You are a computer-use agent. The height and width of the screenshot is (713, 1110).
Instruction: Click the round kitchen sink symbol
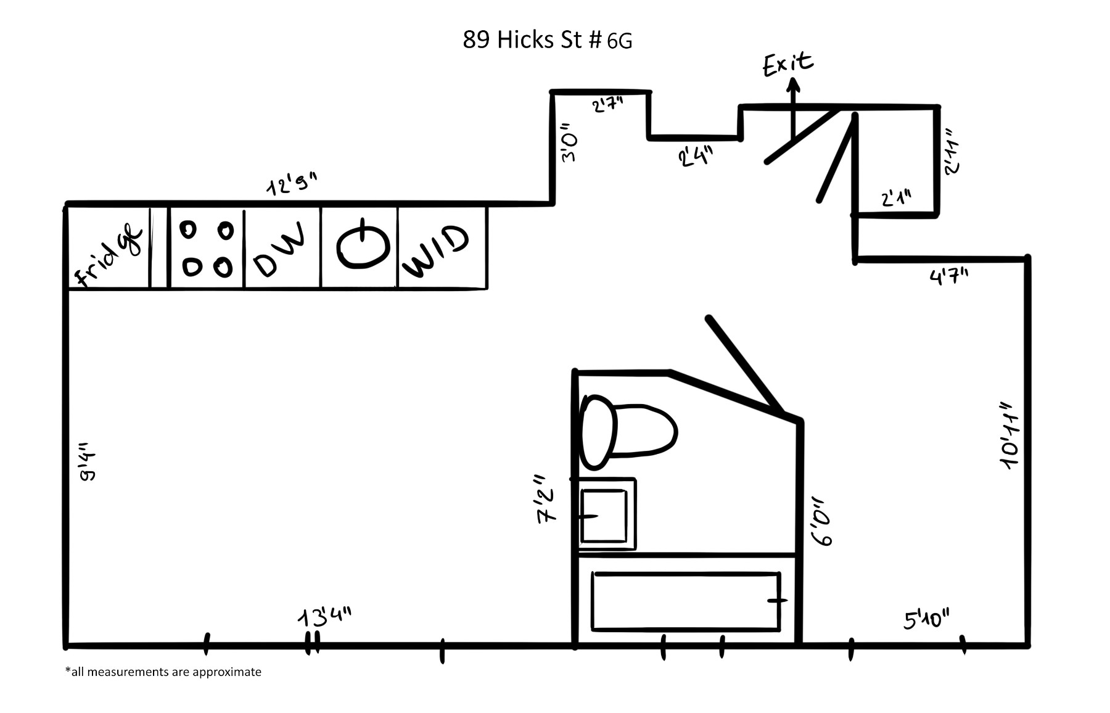(x=363, y=246)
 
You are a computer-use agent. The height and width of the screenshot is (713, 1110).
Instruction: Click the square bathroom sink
(x=604, y=514)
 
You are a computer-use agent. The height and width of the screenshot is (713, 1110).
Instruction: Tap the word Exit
(x=788, y=64)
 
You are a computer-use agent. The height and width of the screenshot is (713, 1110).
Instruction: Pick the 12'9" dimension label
(x=292, y=184)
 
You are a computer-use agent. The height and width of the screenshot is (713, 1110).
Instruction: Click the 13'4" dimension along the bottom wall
(x=325, y=617)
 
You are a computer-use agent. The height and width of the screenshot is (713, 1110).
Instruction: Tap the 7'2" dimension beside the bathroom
(x=546, y=499)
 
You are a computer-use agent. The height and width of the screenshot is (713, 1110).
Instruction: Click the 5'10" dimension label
(x=926, y=619)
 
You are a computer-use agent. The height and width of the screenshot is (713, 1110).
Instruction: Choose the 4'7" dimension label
(x=949, y=276)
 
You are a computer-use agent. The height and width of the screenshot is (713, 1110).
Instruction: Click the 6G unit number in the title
(x=619, y=41)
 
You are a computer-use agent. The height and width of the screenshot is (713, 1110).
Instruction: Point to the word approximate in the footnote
(x=226, y=672)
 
